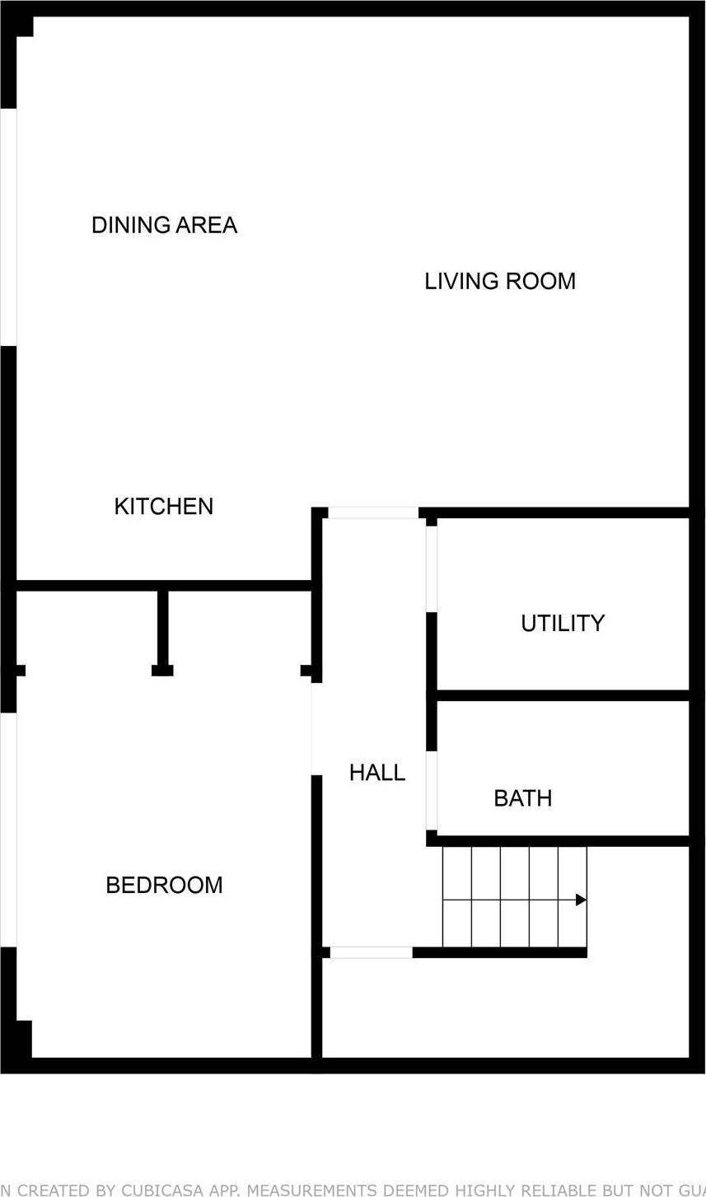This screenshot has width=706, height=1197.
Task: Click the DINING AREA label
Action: point(164,225)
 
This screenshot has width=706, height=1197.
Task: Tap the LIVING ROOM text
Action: point(499,281)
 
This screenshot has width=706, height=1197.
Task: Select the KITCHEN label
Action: point(163,506)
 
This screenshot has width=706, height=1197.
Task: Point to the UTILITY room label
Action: point(563,623)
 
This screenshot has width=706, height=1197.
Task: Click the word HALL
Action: point(376,773)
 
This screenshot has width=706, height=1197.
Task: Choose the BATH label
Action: point(522,798)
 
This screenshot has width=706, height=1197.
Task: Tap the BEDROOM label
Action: point(164,885)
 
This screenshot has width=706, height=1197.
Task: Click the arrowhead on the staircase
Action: point(581,900)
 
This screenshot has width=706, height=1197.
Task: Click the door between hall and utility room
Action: point(431,568)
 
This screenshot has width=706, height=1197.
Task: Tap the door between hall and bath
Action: point(431,791)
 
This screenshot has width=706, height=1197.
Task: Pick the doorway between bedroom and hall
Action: point(316,728)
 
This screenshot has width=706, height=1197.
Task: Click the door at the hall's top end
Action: point(373,512)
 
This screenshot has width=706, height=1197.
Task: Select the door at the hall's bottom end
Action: point(371,952)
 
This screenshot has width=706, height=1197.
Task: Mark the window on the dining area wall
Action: point(8,227)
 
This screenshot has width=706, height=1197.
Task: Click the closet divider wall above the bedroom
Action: point(162,630)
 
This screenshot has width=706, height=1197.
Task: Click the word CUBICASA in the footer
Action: point(157,1190)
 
